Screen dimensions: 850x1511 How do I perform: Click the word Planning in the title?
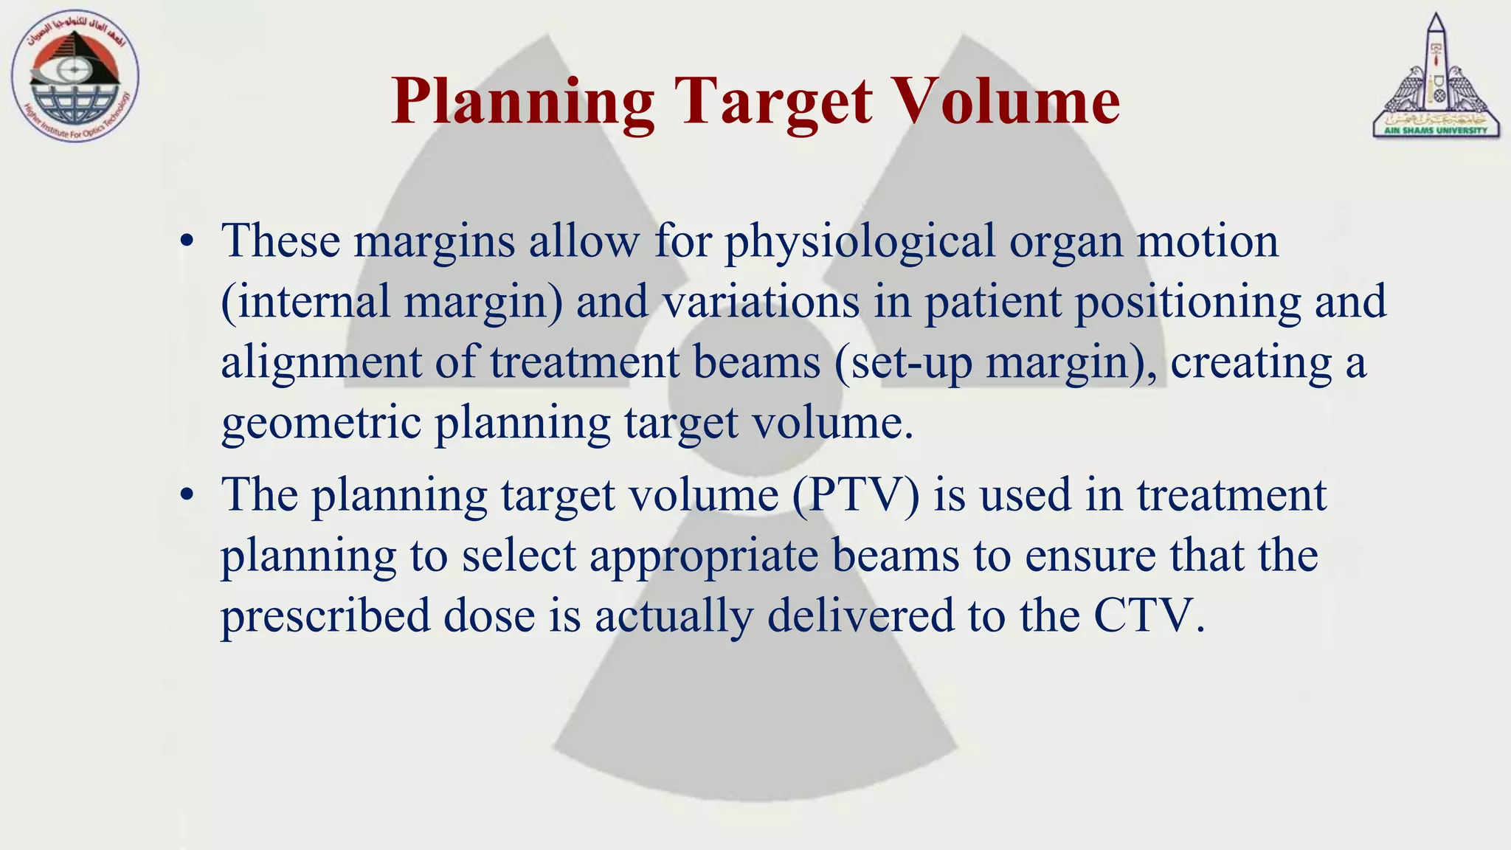(522, 102)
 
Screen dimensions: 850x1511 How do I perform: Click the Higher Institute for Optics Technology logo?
(75, 77)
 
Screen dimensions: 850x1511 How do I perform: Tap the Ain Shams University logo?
(1435, 77)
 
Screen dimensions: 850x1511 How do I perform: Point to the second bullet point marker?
(187, 496)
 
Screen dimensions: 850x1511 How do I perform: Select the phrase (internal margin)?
(391, 303)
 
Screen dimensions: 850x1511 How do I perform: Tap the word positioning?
(1187, 303)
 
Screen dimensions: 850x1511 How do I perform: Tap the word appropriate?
(704, 556)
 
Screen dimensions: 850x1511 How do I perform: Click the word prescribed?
(325, 617)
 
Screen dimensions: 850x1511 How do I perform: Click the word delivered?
(860, 617)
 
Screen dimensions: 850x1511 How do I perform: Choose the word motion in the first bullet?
(1207, 242)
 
